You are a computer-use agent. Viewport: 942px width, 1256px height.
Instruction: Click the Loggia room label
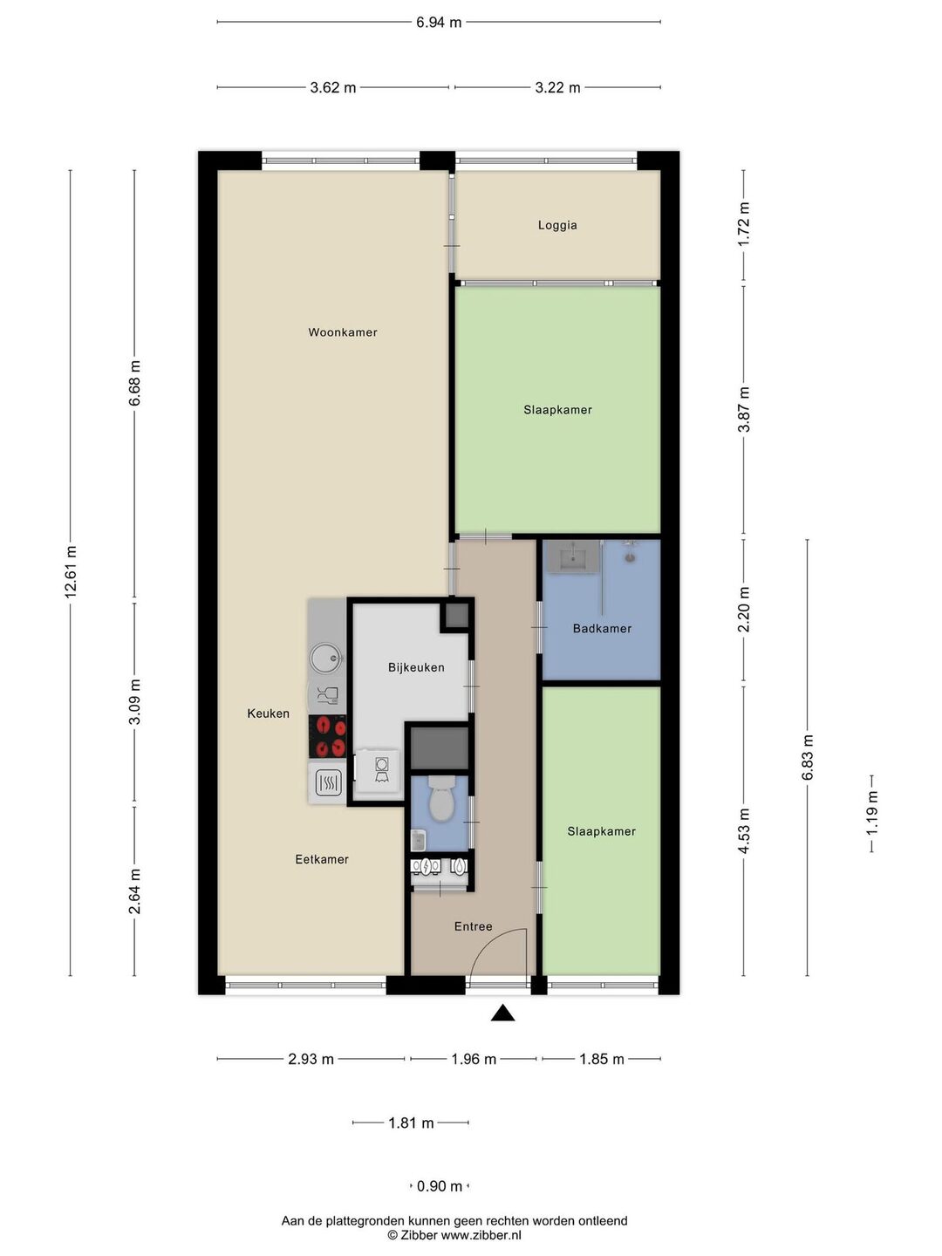(557, 225)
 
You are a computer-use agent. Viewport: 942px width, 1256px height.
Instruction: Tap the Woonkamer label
(343, 332)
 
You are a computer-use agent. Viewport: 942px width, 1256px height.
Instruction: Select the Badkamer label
(602, 629)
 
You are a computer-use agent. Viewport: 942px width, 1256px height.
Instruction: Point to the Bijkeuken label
(416, 668)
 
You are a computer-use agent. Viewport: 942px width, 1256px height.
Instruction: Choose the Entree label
(473, 926)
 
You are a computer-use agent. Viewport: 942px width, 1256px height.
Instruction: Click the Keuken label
(269, 713)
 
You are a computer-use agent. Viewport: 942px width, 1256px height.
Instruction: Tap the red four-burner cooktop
(328, 736)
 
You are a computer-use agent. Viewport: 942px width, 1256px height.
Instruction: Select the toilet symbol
(441, 799)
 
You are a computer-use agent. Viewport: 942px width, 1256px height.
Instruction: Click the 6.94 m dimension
(439, 23)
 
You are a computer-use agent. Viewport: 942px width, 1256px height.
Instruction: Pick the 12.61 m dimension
(71, 573)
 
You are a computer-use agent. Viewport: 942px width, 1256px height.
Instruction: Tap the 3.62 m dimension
(333, 87)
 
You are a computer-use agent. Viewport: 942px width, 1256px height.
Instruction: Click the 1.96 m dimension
(474, 1059)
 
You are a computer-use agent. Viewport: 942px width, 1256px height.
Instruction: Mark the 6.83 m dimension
(808, 758)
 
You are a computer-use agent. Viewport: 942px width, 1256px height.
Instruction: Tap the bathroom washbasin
(573, 556)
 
